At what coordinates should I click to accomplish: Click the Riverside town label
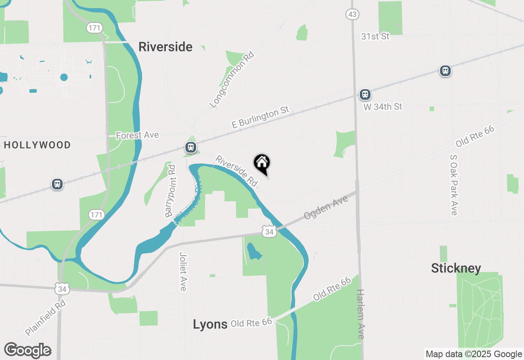tap(165, 47)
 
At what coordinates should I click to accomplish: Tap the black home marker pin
tap(262, 164)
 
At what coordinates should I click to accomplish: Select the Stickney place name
tap(456, 268)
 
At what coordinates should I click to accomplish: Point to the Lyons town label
tap(210, 324)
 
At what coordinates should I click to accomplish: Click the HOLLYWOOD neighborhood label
tap(37, 145)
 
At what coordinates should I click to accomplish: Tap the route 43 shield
tap(352, 15)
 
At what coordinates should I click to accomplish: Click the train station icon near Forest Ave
tap(190, 147)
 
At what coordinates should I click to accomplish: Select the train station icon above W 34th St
tap(365, 95)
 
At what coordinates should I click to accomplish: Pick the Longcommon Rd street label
tap(232, 80)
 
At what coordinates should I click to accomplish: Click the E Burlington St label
tap(260, 117)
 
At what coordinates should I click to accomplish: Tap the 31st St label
tap(375, 36)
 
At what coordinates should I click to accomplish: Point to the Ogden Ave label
tap(326, 207)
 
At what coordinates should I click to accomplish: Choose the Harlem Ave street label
tap(360, 314)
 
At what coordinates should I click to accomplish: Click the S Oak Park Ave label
tap(454, 185)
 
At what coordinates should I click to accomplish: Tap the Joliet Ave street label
tap(183, 271)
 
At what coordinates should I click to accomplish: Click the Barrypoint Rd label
tap(170, 191)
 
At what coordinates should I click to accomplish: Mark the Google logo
tap(28, 351)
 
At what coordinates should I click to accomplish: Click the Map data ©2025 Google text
tap(474, 354)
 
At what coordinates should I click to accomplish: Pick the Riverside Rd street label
tap(237, 171)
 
